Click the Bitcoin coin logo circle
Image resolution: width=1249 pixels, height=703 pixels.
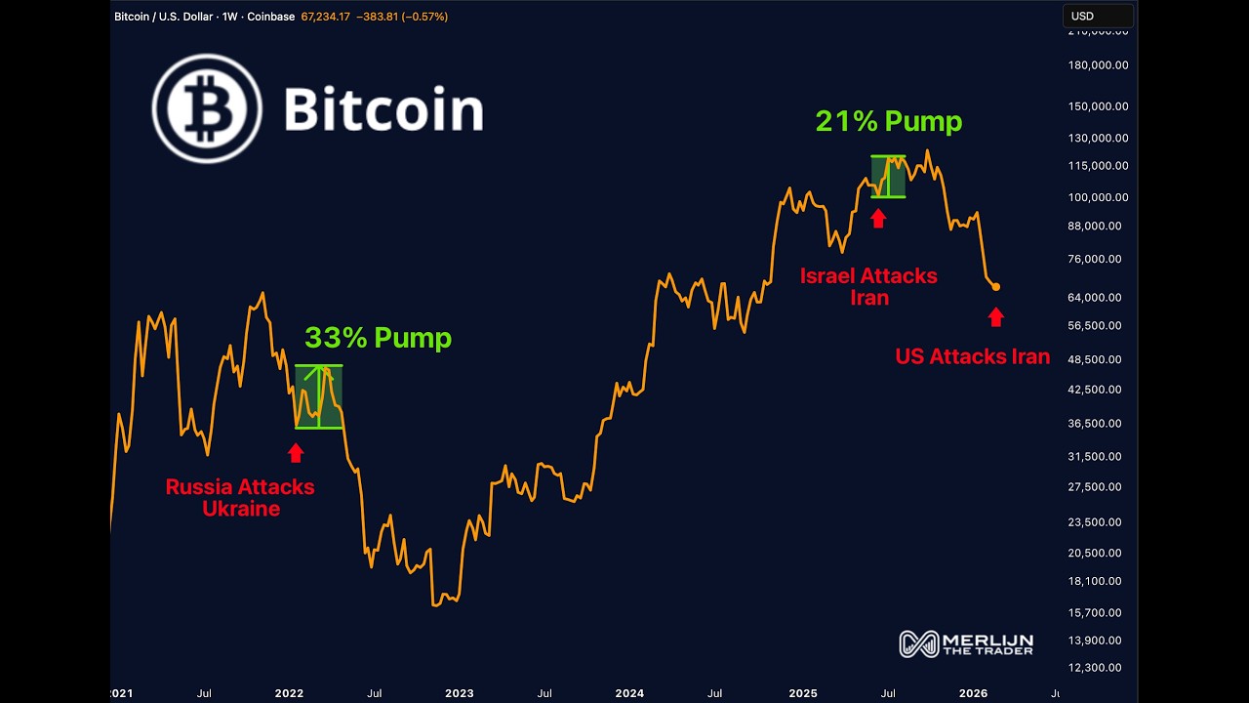click(x=207, y=107)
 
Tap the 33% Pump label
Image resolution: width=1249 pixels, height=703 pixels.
click(x=378, y=338)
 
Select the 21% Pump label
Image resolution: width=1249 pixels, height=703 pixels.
click(x=889, y=121)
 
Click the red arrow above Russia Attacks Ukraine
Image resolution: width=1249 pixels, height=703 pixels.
click(x=296, y=452)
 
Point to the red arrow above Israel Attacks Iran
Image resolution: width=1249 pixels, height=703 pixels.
click(x=878, y=218)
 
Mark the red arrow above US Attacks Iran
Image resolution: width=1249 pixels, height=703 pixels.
click(x=995, y=316)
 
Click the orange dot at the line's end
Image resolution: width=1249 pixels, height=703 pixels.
click(x=995, y=287)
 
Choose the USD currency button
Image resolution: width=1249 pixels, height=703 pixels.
click(x=1097, y=16)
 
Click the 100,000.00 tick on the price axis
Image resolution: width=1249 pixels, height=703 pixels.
click(x=1099, y=197)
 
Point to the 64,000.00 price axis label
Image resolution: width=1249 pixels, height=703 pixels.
click(x=1099, y=298)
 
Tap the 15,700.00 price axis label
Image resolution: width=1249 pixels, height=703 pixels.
click(x=1099, y=613)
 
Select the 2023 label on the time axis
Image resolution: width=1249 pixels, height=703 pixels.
click(x=460, y=693)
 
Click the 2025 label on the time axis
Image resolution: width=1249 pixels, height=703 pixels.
click(x=803, y=693)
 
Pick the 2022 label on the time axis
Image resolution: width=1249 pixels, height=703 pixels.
click(x=289, y=693)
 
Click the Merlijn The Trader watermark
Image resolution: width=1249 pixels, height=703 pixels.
click(x=966, y=643)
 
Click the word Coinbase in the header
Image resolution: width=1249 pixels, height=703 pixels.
click(x=270, y=17)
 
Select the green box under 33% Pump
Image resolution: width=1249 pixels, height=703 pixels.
click(x=319, y=396)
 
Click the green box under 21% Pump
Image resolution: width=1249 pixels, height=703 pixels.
click(x=888, y=177)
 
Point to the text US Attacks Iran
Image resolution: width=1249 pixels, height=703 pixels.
click(x=972, y=356)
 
